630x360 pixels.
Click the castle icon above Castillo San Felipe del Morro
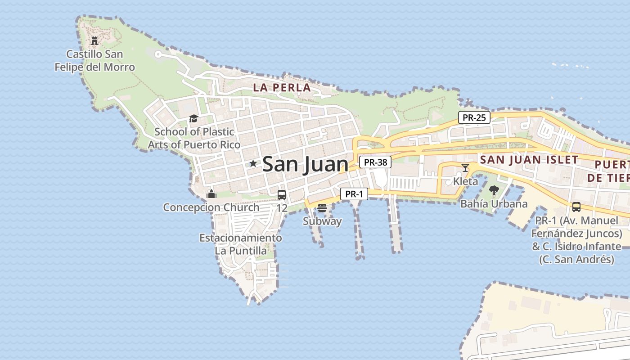94,41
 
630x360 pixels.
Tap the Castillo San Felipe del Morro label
94,61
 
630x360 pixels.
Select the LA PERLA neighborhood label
282,88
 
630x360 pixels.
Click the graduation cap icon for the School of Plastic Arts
193,118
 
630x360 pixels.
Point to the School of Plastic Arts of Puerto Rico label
194,138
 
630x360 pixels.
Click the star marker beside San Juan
253,164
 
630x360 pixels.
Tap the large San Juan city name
305,164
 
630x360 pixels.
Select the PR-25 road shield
474,118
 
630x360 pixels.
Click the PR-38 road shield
375,162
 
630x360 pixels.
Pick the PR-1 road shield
354,194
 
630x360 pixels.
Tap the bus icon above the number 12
282,195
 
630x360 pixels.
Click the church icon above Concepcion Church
211,194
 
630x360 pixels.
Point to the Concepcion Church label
211,207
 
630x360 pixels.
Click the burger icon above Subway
322,208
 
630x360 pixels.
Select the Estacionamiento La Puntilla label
241,244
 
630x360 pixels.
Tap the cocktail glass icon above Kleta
465,168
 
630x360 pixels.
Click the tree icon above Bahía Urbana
494,190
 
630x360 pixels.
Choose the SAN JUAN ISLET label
529,160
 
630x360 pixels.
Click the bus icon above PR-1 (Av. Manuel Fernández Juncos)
576,207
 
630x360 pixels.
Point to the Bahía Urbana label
494,204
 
